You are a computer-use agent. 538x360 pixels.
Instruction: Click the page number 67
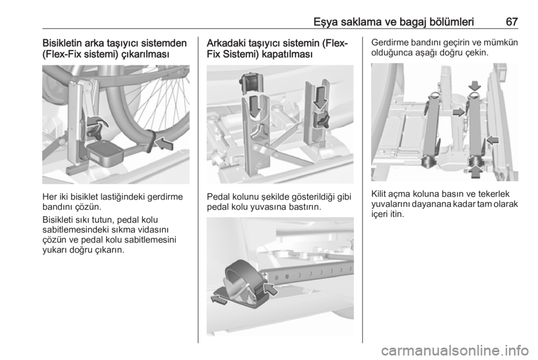pyautogui.click(x=512, y=22)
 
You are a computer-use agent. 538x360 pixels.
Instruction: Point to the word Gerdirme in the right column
pyautogui.click(x=387, y=43)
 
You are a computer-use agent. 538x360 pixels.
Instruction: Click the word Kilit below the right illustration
pyautogui.click(x=378, y=194)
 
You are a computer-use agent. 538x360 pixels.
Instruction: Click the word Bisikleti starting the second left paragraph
pyautogui.click(x=57, y=219)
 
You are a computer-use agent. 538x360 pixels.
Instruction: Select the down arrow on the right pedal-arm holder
pyautogui.click(x=321, y=98)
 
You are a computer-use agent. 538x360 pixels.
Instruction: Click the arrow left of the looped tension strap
pyautogui.click(x=219, y=299)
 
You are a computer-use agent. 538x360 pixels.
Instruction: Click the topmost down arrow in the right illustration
pyautogui.click(x=475, y=85)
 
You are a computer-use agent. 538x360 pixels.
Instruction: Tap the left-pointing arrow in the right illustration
pyautogui.click(x=493, y=140)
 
